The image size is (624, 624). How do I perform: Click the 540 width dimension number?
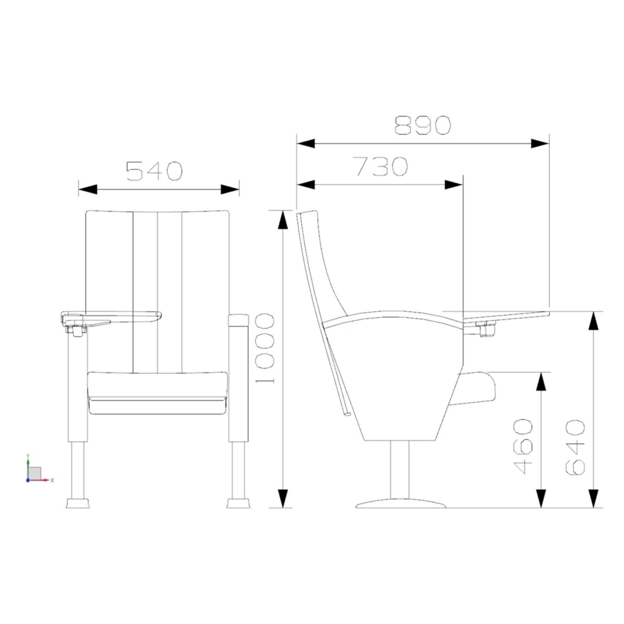(x=154, y=171)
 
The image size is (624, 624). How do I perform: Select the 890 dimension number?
(x=423, y=125)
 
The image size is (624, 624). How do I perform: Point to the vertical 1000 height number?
(x=265, y=348)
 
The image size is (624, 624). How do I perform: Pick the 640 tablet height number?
(x=575, y=447)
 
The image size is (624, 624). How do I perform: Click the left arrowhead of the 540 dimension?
(x=88, y=189)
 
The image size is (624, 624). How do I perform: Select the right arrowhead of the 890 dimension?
(x=540, y=144)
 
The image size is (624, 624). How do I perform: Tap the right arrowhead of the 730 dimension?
(x=453, y=185)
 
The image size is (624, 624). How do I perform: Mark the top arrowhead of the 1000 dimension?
(x=283, y=219)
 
